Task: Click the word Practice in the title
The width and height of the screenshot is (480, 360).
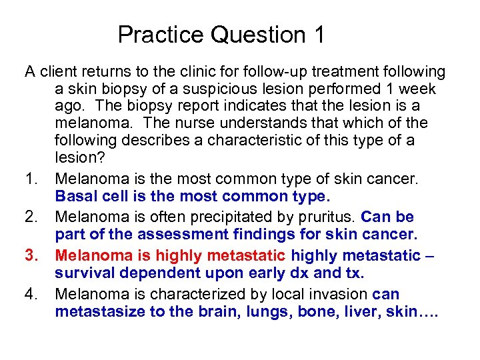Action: [x=162, y=35]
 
